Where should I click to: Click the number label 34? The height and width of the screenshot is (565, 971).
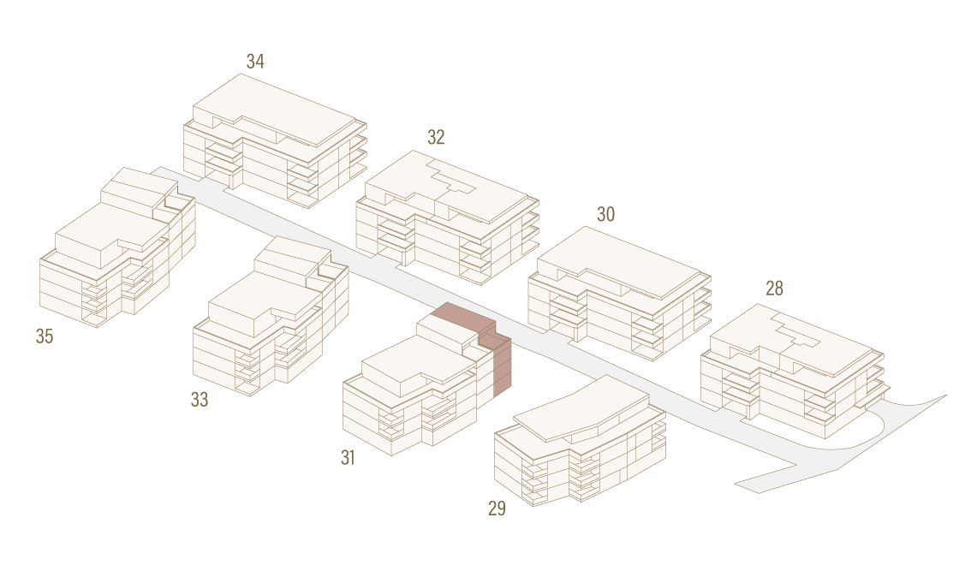tap(255, 62)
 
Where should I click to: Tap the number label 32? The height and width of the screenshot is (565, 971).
tap(436, 137)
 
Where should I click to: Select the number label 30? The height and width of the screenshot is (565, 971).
tap(605, 214)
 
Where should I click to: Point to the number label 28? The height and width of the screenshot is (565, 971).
tap(774, 288)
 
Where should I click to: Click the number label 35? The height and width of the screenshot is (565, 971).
tap(45, 336)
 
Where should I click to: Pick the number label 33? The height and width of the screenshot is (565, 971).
tap(199, 400)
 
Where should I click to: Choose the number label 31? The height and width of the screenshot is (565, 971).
tap(348, 457)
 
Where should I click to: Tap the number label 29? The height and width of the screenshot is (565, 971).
tap(497, 508)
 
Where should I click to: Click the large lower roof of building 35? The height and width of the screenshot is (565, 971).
tap(111, 232)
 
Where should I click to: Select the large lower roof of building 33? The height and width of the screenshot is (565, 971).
tap(265, 301)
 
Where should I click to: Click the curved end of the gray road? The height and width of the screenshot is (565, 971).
tap(867, 433)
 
